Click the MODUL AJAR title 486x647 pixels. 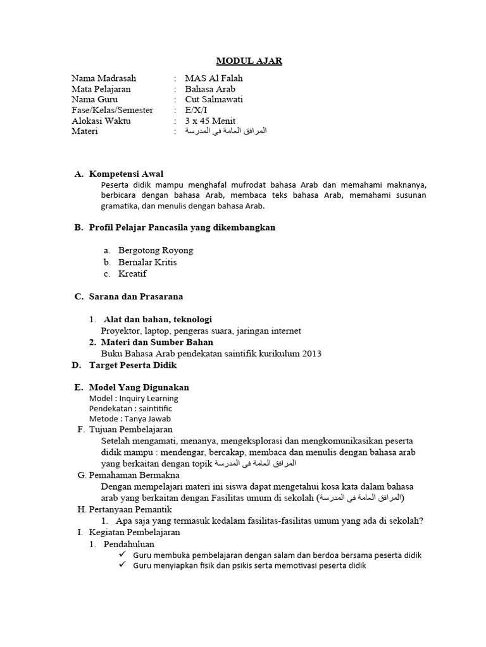249,61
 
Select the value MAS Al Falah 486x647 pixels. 213,78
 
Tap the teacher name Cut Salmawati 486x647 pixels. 214,99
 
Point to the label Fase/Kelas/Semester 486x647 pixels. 113,110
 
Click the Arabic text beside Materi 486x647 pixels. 226,131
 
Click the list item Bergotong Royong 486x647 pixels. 155,250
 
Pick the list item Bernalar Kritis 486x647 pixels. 147,262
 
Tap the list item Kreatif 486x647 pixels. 132,274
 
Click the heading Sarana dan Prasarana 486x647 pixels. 136,296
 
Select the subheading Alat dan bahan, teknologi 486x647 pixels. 158,319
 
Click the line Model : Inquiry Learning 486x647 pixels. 134,399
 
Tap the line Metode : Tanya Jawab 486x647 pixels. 130,418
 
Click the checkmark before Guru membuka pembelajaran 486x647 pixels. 123,555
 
